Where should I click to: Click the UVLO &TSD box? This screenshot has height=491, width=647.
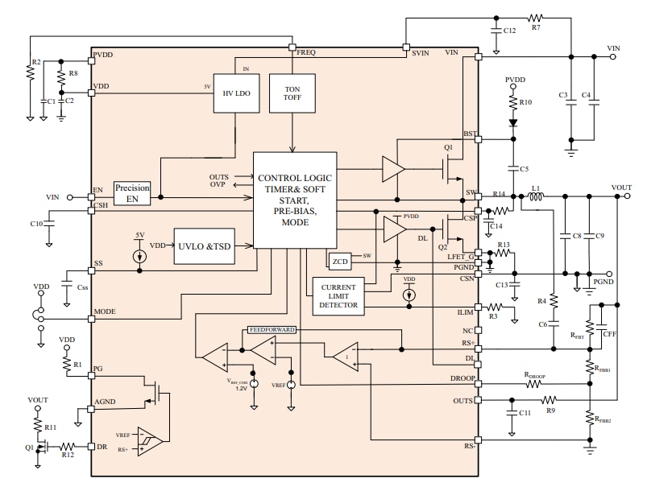[202, 247]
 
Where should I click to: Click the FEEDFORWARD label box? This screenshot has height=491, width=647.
[272, 330]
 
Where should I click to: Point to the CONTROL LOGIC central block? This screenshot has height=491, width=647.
[295, 199]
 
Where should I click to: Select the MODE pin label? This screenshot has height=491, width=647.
[105, 312]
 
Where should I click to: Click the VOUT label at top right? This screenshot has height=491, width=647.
[621, 187]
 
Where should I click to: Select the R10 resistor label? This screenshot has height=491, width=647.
[525, 102]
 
